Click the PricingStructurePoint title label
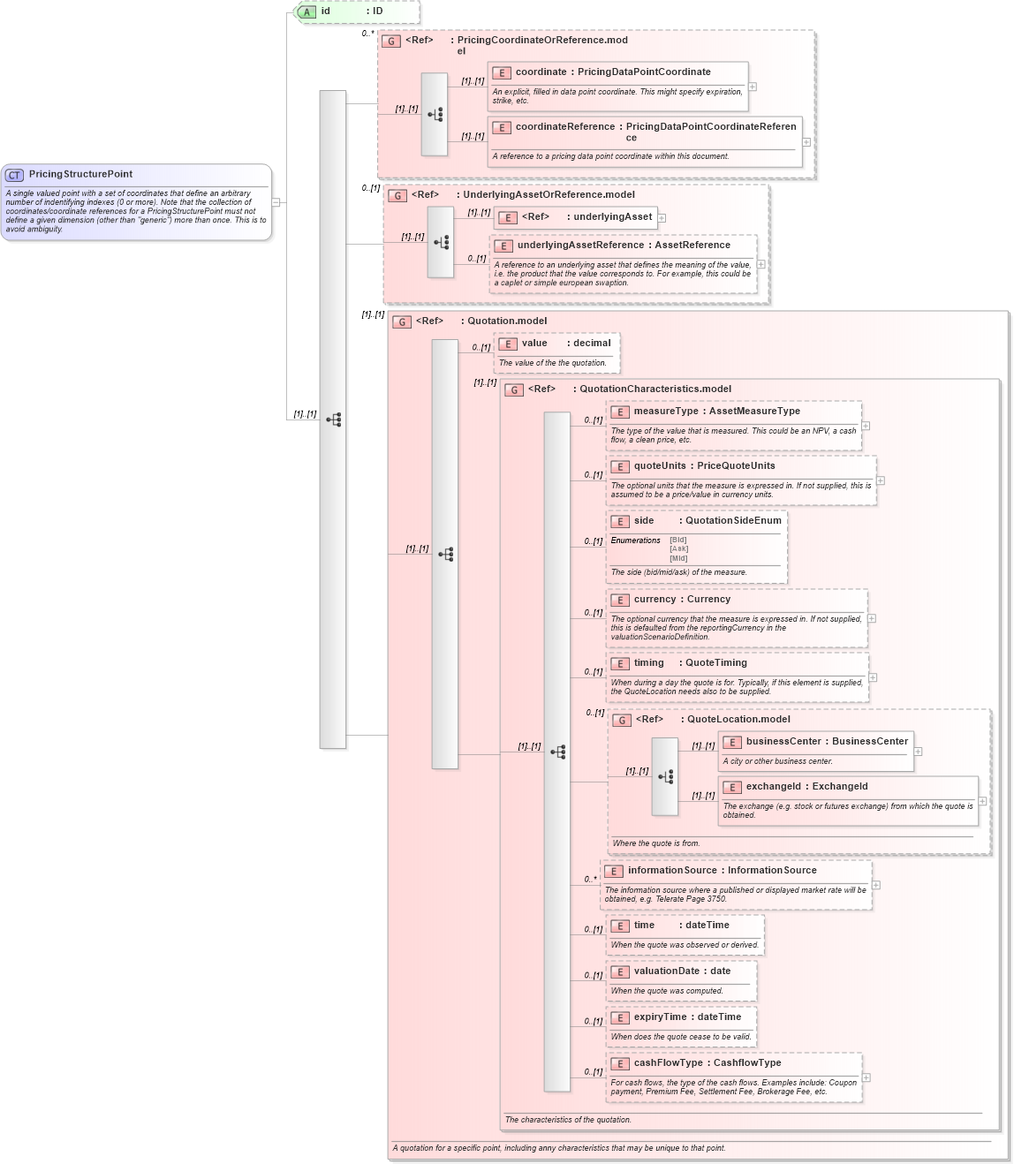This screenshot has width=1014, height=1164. (x=80, y=175)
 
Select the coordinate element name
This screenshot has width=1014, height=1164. (x=541, y=72)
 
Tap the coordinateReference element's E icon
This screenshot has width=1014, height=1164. (x=502, y=127)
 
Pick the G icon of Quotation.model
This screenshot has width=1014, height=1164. (x=402, y=322)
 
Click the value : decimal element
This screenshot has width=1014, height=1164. (x=565, y=344)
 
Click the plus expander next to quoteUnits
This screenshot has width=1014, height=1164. (x=881, y=480)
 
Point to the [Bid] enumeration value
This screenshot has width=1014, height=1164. (x=677, y=540)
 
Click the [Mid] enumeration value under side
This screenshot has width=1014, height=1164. (x=677, y=558)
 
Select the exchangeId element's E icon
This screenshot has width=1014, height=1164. (x=731, y=788)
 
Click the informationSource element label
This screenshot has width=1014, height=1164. (x=722, y=871)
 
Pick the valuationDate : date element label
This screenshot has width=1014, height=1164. (x=682, y=971)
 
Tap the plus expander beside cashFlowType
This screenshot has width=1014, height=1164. (x=866, y=1077)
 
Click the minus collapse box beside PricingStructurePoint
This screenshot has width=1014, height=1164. (x=276, y=202)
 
